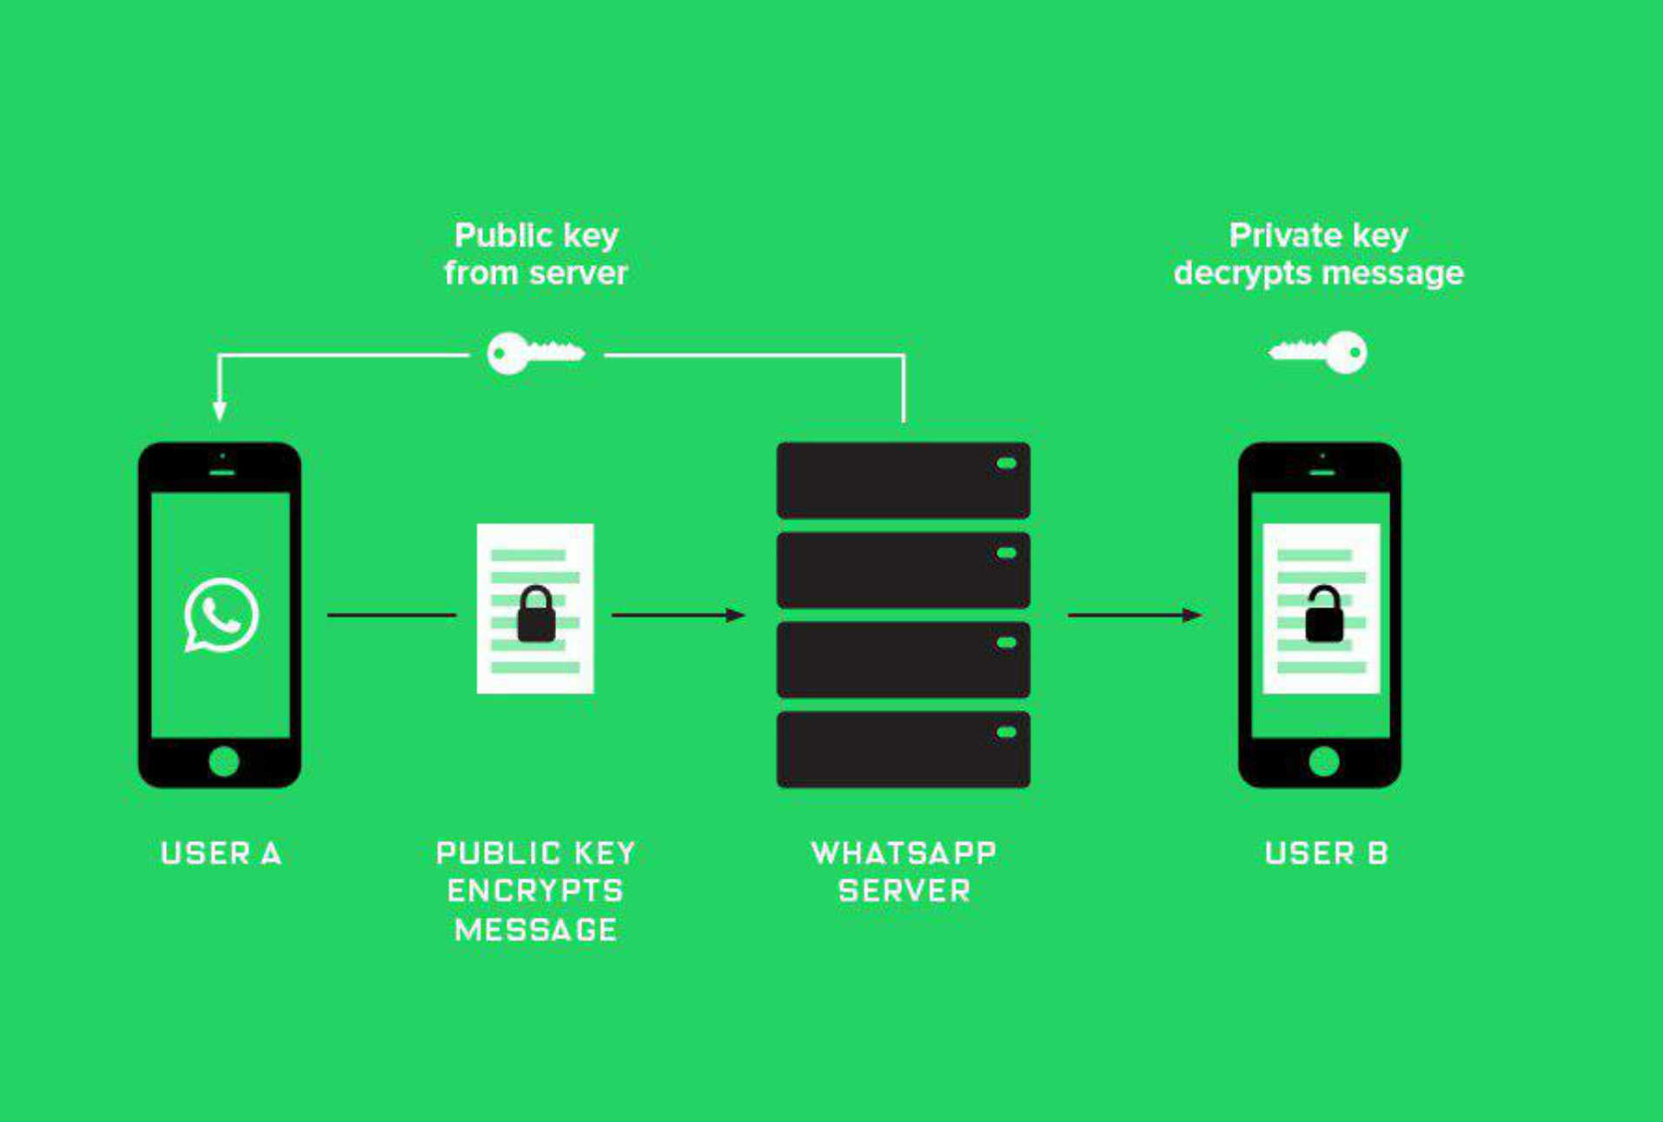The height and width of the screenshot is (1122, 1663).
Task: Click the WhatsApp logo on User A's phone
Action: click(x=221, y=614)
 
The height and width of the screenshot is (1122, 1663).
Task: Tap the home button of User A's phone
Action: click(x=223, y=761)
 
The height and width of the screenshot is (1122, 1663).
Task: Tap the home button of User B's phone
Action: click(x=1323, y=761)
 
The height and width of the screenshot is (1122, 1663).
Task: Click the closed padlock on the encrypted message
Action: click(x=536, y=614)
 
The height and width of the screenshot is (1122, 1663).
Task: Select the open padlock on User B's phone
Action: click(x=1324, y=614)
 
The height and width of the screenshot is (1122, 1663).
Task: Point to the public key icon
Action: click(x=535, y=353)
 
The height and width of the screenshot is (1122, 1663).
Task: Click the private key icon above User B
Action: click(x=1318, y=352)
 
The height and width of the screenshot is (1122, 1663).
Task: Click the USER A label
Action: click(x=221, y=853)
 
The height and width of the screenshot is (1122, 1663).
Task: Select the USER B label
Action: click(x=1326, y=853)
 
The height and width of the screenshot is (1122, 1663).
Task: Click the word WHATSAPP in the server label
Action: click(x=904, y=853)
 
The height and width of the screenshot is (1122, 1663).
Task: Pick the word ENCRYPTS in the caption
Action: click(x=535, y=892)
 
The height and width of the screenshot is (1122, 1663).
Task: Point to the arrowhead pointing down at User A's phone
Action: click(x=220, y=411)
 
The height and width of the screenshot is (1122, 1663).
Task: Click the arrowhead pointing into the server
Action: click(x=735, y=615)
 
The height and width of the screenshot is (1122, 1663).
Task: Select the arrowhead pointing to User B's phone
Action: click(x=1192, y=615)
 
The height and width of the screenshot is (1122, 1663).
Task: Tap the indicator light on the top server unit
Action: click(x=1006, y=463)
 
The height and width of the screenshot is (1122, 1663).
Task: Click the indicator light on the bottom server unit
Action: click(x=1006, y=732)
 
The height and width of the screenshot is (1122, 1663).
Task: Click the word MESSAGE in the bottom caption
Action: click(x=535, y=930)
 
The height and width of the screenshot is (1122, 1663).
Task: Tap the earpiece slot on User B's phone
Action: click(x=1322, y=473)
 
